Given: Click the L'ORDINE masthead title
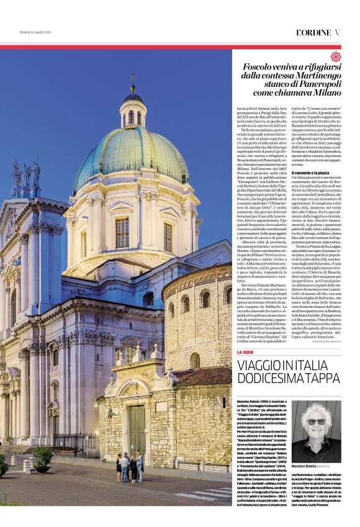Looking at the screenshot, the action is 312,32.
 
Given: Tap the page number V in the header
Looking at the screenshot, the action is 337,32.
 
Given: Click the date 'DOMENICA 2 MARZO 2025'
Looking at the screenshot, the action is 35,32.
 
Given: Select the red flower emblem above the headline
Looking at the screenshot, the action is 335,56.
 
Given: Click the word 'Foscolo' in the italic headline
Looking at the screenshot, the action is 260,66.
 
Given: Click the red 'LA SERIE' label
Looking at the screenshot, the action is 246,352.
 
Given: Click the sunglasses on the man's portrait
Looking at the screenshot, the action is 316,421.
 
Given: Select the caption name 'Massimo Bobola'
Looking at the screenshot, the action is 304,466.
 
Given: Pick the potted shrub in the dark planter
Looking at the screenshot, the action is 42,456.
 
